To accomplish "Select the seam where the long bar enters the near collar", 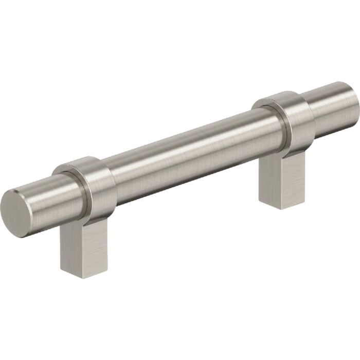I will point(111,177).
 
